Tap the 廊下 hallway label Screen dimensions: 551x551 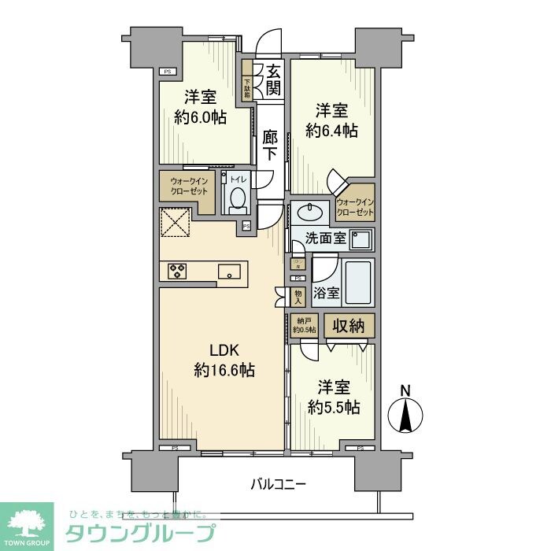[x=270, y=146]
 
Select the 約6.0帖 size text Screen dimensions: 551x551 [x=201, y=117]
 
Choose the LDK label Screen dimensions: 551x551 [x=223, y=350]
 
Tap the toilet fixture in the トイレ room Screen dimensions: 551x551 [x=236, y=200]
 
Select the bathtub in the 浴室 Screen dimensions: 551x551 [x=359, y=283]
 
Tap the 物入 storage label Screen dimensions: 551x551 [x=298, y=295]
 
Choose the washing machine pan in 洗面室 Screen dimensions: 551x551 [x=361, y=239]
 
